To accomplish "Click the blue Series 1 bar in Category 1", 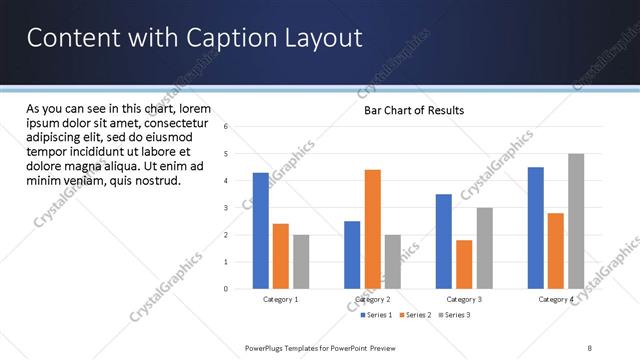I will (x=260, y=231).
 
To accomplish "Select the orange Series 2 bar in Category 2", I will (x=372, y=229).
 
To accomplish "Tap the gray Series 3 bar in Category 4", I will (x=576, y=221).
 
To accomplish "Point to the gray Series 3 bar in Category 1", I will (x=301, y=262).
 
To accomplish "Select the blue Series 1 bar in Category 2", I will (x=352, y=255).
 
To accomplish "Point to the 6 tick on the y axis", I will (x=226, y=127).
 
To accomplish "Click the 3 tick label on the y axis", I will (x=226, y=208).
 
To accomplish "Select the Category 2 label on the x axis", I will (x=372, y=299).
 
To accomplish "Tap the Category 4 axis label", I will (x=555, y=299).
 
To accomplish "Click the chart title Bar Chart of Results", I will (x=414, y=110).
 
